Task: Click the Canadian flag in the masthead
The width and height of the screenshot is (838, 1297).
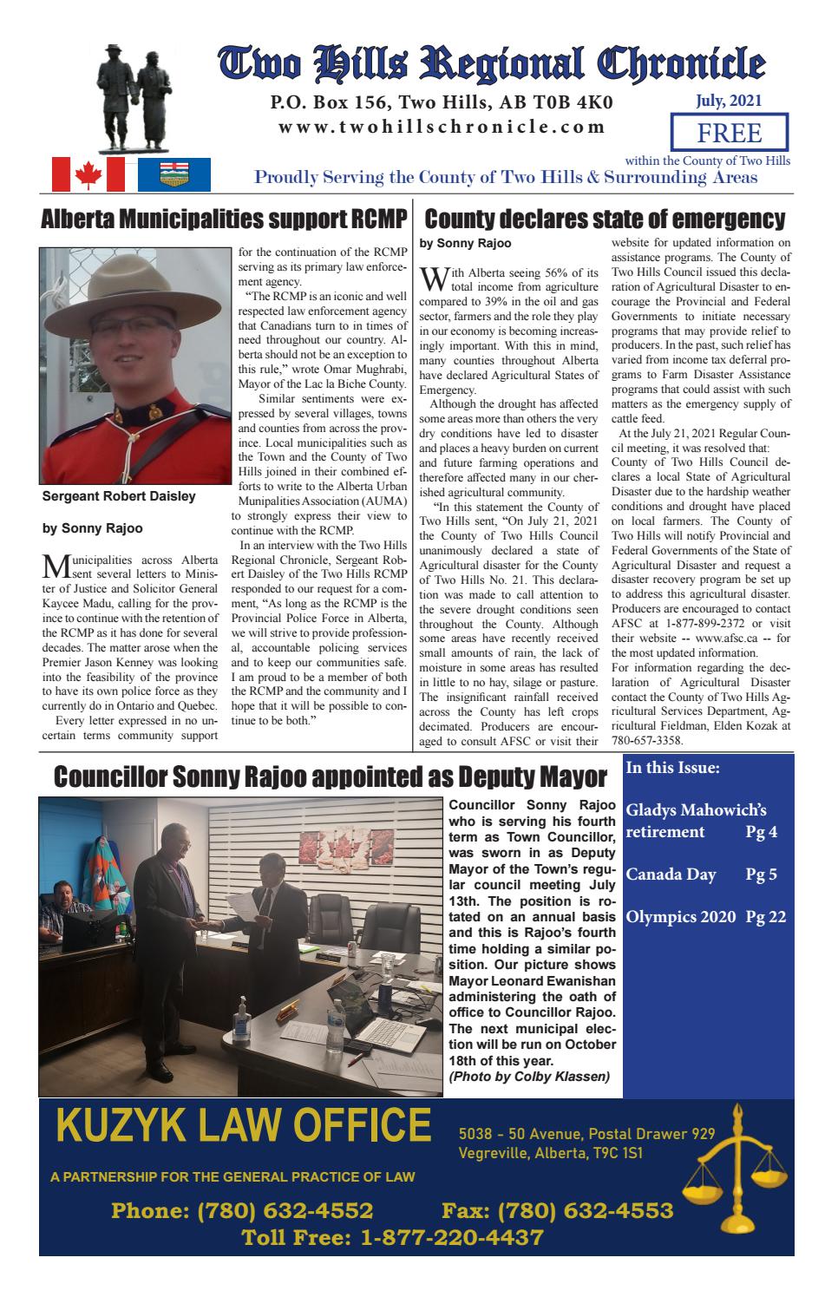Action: pyautogui.click(x=88, y=174)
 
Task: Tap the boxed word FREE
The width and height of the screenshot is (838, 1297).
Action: pyautogui.click(x=730, y=134)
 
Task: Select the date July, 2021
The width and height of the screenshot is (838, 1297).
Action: pyautogui.click(x=729, y=101)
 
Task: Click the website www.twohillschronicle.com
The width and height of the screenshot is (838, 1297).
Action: pyautogui.click(x=442, y=127)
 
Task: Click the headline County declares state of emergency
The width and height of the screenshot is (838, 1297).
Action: pyautogui.click(x=605, y=219)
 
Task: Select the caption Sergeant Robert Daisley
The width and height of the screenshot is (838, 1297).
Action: pyautogui.click(x=119, y=497)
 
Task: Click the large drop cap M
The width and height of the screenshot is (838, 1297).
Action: pyautogui.click(x=55, y=567)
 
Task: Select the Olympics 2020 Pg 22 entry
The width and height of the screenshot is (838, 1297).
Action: pyautogui.click(x=705, y=916)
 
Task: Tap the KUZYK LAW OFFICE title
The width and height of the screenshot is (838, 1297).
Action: pyautogui.click(x=243, y=1129)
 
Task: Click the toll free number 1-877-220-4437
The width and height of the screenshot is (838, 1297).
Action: pyautogui.click(x=392, y=1237)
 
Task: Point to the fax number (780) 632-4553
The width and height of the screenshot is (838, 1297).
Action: pyautogui.click(x=557, y=1210)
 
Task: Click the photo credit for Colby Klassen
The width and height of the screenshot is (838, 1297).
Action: pyautogui.click(x=529, y=1077)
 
